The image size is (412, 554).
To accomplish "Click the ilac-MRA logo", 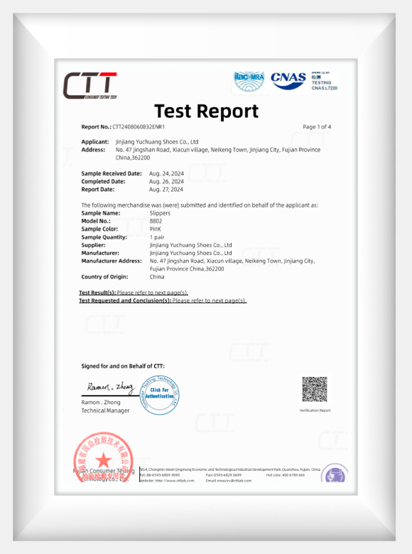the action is [249, 80].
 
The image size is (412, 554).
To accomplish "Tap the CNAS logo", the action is [288, 80].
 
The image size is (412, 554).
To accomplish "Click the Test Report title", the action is [206, 111].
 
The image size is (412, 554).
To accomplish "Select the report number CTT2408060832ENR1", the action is [143, 126].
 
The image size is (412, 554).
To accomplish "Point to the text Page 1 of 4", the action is [317, 126].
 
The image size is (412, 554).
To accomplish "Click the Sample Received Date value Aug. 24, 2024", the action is [166, 173].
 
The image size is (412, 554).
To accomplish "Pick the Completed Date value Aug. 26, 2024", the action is [166, 181].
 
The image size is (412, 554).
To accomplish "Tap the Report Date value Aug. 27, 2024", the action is [166, 190].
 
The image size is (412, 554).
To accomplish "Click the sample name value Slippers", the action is [161, 212].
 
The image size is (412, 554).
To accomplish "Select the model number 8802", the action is [156, 221].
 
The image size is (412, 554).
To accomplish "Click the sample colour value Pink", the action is [156, 229].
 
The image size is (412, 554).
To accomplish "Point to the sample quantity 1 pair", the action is [157, 237].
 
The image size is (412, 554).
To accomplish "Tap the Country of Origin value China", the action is [157, 276].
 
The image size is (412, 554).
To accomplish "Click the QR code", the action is [315, 389].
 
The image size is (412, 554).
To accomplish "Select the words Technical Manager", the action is [105, 411].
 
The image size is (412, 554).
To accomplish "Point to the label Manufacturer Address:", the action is [112, 261].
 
